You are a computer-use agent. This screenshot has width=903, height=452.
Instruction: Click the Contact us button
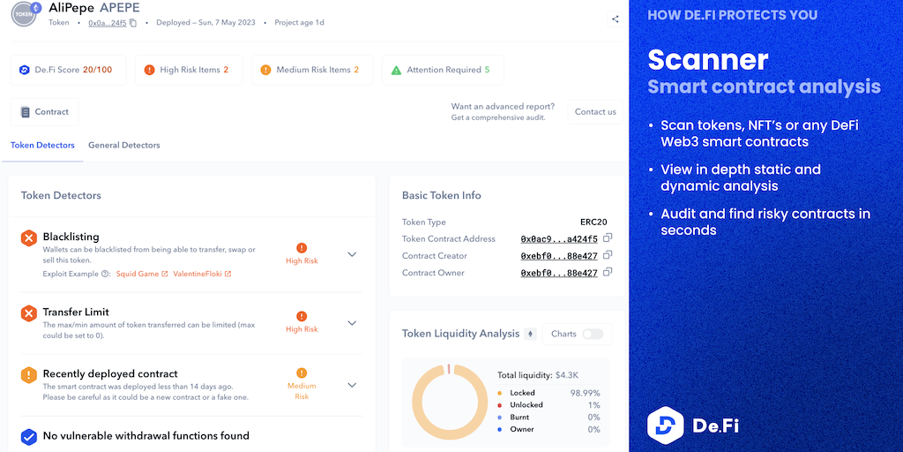[x=595, y=112]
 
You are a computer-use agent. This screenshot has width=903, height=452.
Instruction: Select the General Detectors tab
[x=123, y=145]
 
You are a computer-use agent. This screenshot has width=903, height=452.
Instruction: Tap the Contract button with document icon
[x=44, y=112]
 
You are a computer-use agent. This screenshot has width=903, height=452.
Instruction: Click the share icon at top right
[x=615, y=19]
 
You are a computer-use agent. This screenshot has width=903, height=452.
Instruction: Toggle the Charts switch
[x=592, y=334]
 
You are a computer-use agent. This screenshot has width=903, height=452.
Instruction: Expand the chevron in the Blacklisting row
[x=352, y=254]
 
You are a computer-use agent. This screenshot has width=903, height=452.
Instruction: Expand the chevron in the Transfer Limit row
[x=352, y=323]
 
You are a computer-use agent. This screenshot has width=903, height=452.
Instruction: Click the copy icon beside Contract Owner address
[x=608, y=272]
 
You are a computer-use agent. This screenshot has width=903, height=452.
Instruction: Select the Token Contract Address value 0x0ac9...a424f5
[x=558, y=239]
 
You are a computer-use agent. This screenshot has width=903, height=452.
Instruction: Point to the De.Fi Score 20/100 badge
[x=68, y=70]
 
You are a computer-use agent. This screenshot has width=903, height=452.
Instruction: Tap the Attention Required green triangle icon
[x=397, y=70]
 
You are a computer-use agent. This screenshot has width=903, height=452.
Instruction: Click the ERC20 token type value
[x=593, y=222]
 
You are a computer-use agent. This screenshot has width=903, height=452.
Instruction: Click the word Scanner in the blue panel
[x=708, y=60]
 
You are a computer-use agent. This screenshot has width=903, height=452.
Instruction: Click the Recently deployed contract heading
[x=110, y=373]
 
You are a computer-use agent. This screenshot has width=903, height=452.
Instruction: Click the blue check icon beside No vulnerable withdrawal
[x=29, y=436]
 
